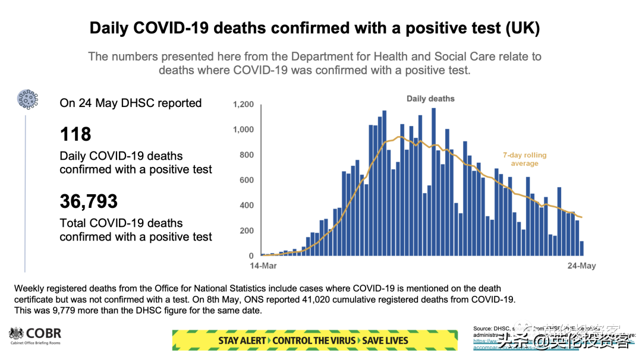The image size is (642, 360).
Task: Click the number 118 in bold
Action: point(75,134)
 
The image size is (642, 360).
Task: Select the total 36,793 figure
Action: point(89,202)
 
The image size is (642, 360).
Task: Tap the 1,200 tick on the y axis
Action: point(243,105)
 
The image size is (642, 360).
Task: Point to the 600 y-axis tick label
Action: point(246,181)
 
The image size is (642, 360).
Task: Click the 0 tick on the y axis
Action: point(251,256)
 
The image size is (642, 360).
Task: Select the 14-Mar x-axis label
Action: point(263,266)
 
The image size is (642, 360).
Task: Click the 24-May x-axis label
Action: point(580,266)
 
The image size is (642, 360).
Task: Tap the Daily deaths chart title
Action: point(430,99)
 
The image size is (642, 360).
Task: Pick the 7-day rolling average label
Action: point(524,159)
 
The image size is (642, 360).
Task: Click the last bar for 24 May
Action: point(582,248)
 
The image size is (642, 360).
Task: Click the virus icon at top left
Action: point(27,99)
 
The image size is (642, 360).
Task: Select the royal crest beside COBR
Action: point(15,334)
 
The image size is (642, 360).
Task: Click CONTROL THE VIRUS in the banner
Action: point(314,341)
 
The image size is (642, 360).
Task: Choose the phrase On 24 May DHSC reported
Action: point(131,103)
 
